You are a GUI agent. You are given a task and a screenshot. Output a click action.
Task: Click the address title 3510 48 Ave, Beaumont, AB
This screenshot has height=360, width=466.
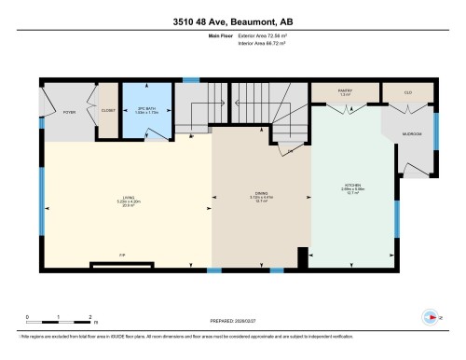pyautogui.click(x=233, y=21)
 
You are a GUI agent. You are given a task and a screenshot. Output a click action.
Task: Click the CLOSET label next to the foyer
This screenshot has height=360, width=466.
pyautogui.click(x=106, y=112)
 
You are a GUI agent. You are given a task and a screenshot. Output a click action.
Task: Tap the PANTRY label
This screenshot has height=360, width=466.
pyautogui.click(x=345, y=90)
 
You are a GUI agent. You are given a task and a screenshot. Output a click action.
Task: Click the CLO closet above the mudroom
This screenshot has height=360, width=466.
pyautogui.click(x=409, y=90)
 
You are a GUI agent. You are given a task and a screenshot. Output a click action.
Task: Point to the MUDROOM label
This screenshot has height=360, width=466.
pyautogui.click(x=412, y=134)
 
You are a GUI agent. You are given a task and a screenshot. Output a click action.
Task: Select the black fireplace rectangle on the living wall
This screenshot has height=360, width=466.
pyautogui.click(x=122, y=264)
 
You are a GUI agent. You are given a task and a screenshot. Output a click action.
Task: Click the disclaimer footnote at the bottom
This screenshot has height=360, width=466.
pyautogui.click(x=191, y=335)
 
